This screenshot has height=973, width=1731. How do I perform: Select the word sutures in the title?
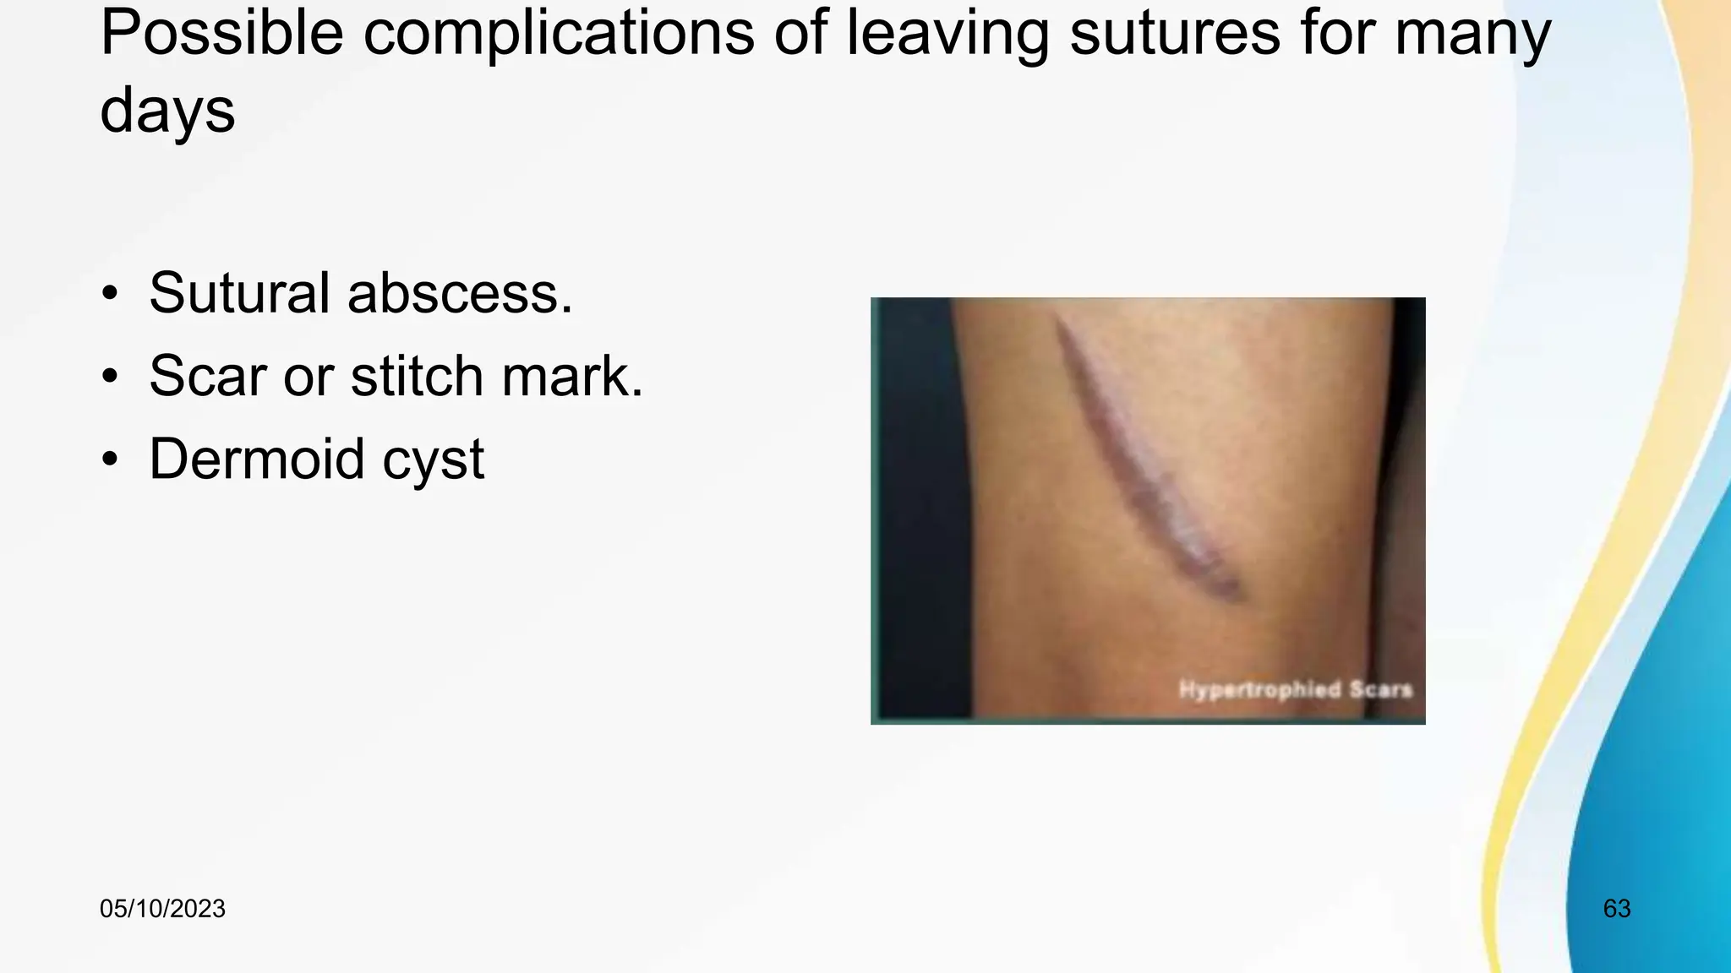tap(1174, 34)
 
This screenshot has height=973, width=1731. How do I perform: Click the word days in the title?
tap(167, 110)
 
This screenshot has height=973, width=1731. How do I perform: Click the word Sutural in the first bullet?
tap(239, 292)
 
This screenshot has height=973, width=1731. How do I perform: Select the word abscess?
tap(460, 292)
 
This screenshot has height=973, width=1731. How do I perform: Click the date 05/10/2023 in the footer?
tap(162, 909)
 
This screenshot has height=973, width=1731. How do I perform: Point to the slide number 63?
tap(1616, 909)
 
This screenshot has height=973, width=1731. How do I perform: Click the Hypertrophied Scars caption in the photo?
tap(1296, 689)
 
